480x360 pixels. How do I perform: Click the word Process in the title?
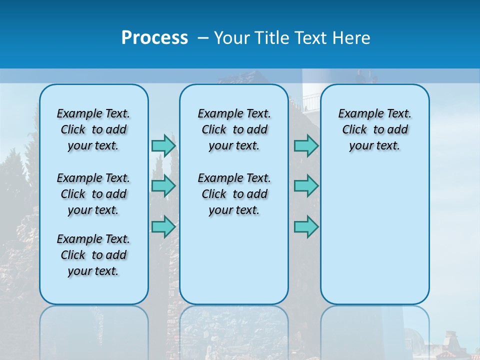tap(154, 38)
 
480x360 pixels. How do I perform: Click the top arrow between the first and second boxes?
tap(163, 145)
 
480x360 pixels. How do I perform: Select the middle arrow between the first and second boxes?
tap(163, 186)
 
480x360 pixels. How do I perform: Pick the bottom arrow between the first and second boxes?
tap(163, 226)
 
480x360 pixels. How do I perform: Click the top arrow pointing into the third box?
tap(306, 145)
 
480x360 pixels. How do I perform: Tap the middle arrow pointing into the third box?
tap(306, 186)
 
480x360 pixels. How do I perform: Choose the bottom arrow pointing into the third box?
tap(306, 226)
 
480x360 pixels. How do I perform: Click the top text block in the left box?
tap(93, 129)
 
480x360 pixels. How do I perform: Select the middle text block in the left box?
tap(93, 194)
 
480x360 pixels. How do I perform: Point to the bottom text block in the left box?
tap(93, 255)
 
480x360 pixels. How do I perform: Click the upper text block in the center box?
tap(234, 129)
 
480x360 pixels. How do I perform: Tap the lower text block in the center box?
tap(234, 194)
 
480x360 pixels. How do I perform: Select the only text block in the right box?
tap(374, 129)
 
